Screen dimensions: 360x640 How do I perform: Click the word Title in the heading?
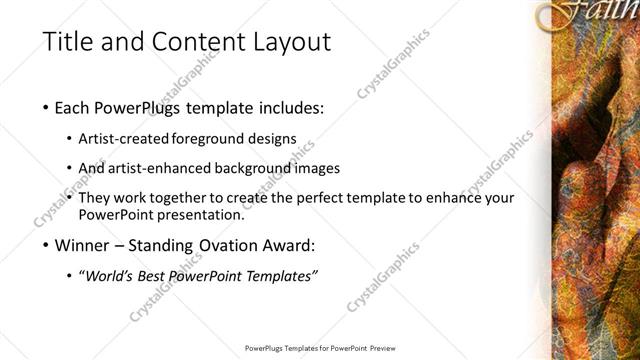69,42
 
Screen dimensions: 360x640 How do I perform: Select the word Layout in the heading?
290,42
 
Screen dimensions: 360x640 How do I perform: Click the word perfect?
332,199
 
